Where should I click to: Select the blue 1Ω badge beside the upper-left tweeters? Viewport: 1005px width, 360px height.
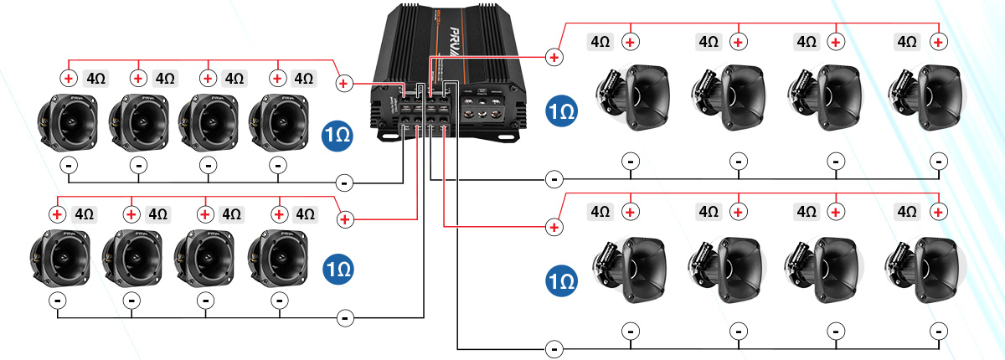338,134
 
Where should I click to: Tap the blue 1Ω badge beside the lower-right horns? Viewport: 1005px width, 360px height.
560,279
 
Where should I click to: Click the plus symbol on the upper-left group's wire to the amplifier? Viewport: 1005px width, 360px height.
343,83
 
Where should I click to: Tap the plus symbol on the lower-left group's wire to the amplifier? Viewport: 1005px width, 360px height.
344,219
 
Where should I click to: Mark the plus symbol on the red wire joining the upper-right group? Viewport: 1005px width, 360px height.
554,57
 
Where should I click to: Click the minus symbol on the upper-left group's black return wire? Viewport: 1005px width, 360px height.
343,182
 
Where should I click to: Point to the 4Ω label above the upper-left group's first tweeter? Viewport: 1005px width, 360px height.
95,78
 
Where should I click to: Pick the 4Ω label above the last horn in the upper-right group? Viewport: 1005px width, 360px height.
907,41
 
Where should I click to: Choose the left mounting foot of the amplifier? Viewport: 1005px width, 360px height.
388,132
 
